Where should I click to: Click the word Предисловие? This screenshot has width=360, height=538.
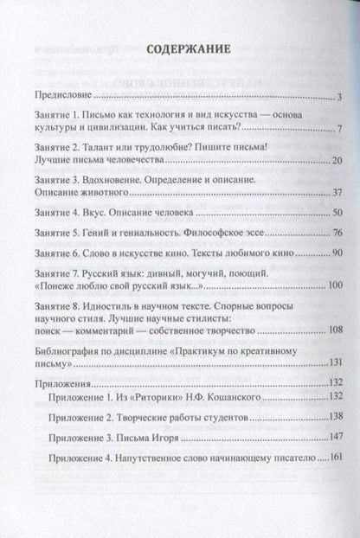point(61,94)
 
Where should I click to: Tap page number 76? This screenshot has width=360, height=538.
point(338,234)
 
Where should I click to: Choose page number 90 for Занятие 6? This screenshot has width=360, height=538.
point(338,254)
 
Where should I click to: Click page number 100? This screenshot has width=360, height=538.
point(336,285)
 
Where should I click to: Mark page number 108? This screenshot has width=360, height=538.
point(336,329)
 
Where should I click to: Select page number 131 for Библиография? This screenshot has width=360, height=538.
point(336,361)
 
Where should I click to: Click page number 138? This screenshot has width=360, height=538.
point(336,415)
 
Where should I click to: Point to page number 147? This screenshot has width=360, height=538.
point(336,436)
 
